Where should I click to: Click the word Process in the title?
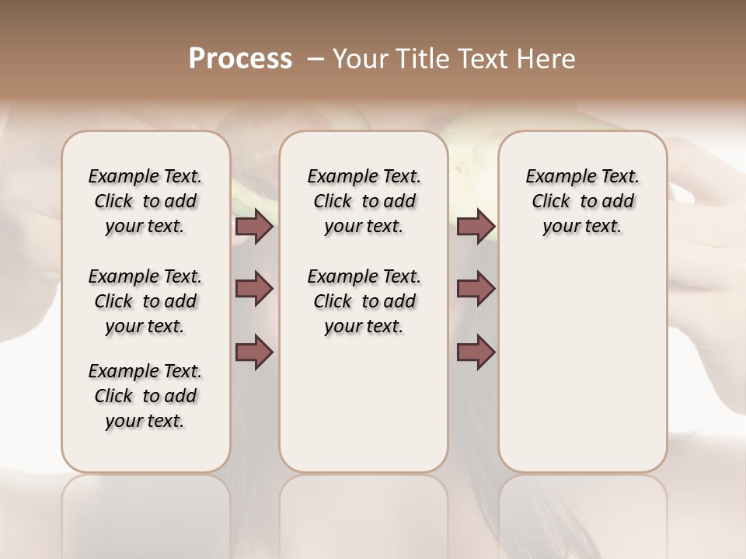(x=240, y=58)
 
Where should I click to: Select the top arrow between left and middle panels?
(x=254, y=227)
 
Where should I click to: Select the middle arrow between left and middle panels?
(x=254, y=289)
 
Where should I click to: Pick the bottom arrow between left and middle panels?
(x=254, y=352)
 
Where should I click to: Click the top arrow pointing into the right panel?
(x=476, y=227)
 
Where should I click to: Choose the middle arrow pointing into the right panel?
(x=476, y=289)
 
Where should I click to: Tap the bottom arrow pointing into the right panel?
(x=476, y=352)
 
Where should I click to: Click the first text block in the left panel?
(x=145, y=201)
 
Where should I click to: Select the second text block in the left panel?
(x=145, y=301)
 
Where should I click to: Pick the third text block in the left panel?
(x=145, y=396)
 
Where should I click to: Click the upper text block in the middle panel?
(x=364, y=201)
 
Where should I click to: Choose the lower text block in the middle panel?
(x=364, y=301)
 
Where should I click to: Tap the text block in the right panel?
(x=582, y=201)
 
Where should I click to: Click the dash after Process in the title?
(x=315, y=58)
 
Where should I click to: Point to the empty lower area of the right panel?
(x=582, y=365)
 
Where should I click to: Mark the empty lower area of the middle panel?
(x=364, y=404)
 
